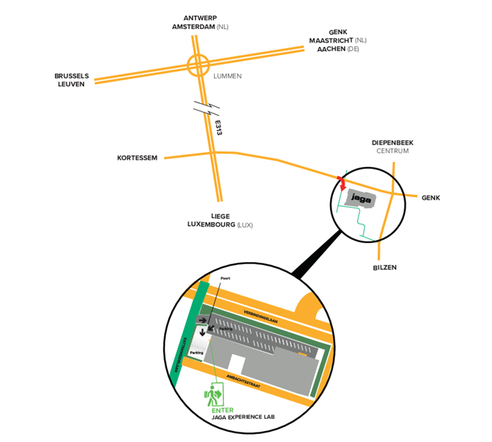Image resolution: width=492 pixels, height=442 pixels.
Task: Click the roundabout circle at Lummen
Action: point(198,65)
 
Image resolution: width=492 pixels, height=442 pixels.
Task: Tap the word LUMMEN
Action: point(227,75)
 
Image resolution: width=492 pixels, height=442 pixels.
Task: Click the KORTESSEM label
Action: point(137,157)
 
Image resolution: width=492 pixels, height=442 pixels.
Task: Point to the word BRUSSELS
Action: point(72,75)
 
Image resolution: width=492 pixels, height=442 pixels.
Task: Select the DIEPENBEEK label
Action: point(393,143)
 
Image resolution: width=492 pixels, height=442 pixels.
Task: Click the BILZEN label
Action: point(385,267)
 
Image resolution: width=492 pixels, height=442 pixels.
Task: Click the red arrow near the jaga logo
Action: point(342,183)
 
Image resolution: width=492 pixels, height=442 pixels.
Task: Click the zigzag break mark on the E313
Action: point(206,110)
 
